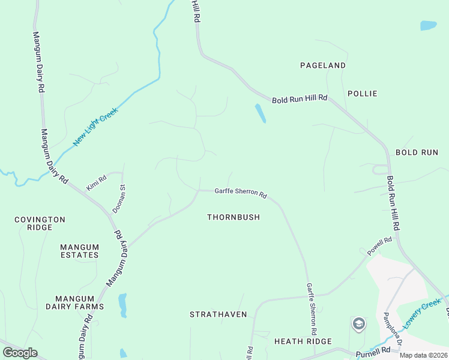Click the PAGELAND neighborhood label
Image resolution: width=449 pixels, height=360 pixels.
(323, 65)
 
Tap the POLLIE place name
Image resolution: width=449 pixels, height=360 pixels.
(362, 94)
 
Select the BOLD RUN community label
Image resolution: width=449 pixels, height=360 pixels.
(417, 152)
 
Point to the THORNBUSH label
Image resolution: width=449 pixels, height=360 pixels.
(234, 217)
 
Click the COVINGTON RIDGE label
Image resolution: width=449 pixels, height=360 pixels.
(40, 224)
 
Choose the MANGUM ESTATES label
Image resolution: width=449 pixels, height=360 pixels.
(79, 251)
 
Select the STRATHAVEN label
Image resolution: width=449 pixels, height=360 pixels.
(215, 314)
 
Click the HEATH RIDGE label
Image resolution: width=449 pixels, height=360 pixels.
(303, 341)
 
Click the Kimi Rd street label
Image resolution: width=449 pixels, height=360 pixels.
(96, 182)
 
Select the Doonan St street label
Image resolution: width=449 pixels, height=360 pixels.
(119, 199)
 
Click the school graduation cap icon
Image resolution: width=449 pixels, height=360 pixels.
(358, 324)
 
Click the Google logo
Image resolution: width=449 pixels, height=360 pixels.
(20, 352)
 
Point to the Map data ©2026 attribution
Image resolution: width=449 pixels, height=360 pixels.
(423, 355)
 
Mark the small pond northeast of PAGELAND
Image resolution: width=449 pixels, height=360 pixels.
(428, 25)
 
